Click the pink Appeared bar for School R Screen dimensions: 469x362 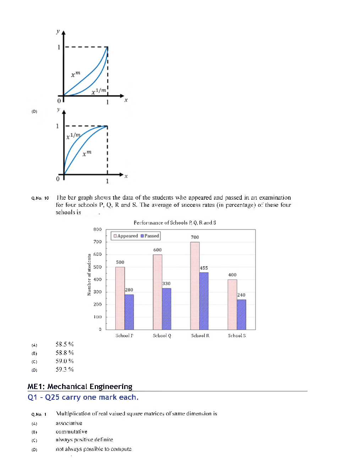[195, 286]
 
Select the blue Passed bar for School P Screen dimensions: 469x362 [129, 312]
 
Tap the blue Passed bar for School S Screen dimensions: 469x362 [241, 314]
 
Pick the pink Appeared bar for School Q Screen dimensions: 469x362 [158, 292]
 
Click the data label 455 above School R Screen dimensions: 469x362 [204, 268]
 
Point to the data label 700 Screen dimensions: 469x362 [195, 237]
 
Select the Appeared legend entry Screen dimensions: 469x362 [126, 236]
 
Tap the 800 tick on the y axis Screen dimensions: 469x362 [98, 230]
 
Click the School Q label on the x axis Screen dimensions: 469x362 [162, 336]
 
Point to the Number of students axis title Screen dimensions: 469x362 [89, 275]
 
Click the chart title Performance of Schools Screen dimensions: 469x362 [175, 223]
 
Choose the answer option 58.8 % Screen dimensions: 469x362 [65, 353]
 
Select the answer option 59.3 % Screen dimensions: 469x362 [65, 370]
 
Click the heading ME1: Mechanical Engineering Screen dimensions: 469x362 [80, 387]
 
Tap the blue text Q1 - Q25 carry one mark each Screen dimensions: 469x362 [83, 397]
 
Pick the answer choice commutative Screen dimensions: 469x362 [71, 432]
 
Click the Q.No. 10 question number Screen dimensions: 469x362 [40, 198]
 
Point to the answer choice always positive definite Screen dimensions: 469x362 [84, 440]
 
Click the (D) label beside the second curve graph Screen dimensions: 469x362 [34, 112]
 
